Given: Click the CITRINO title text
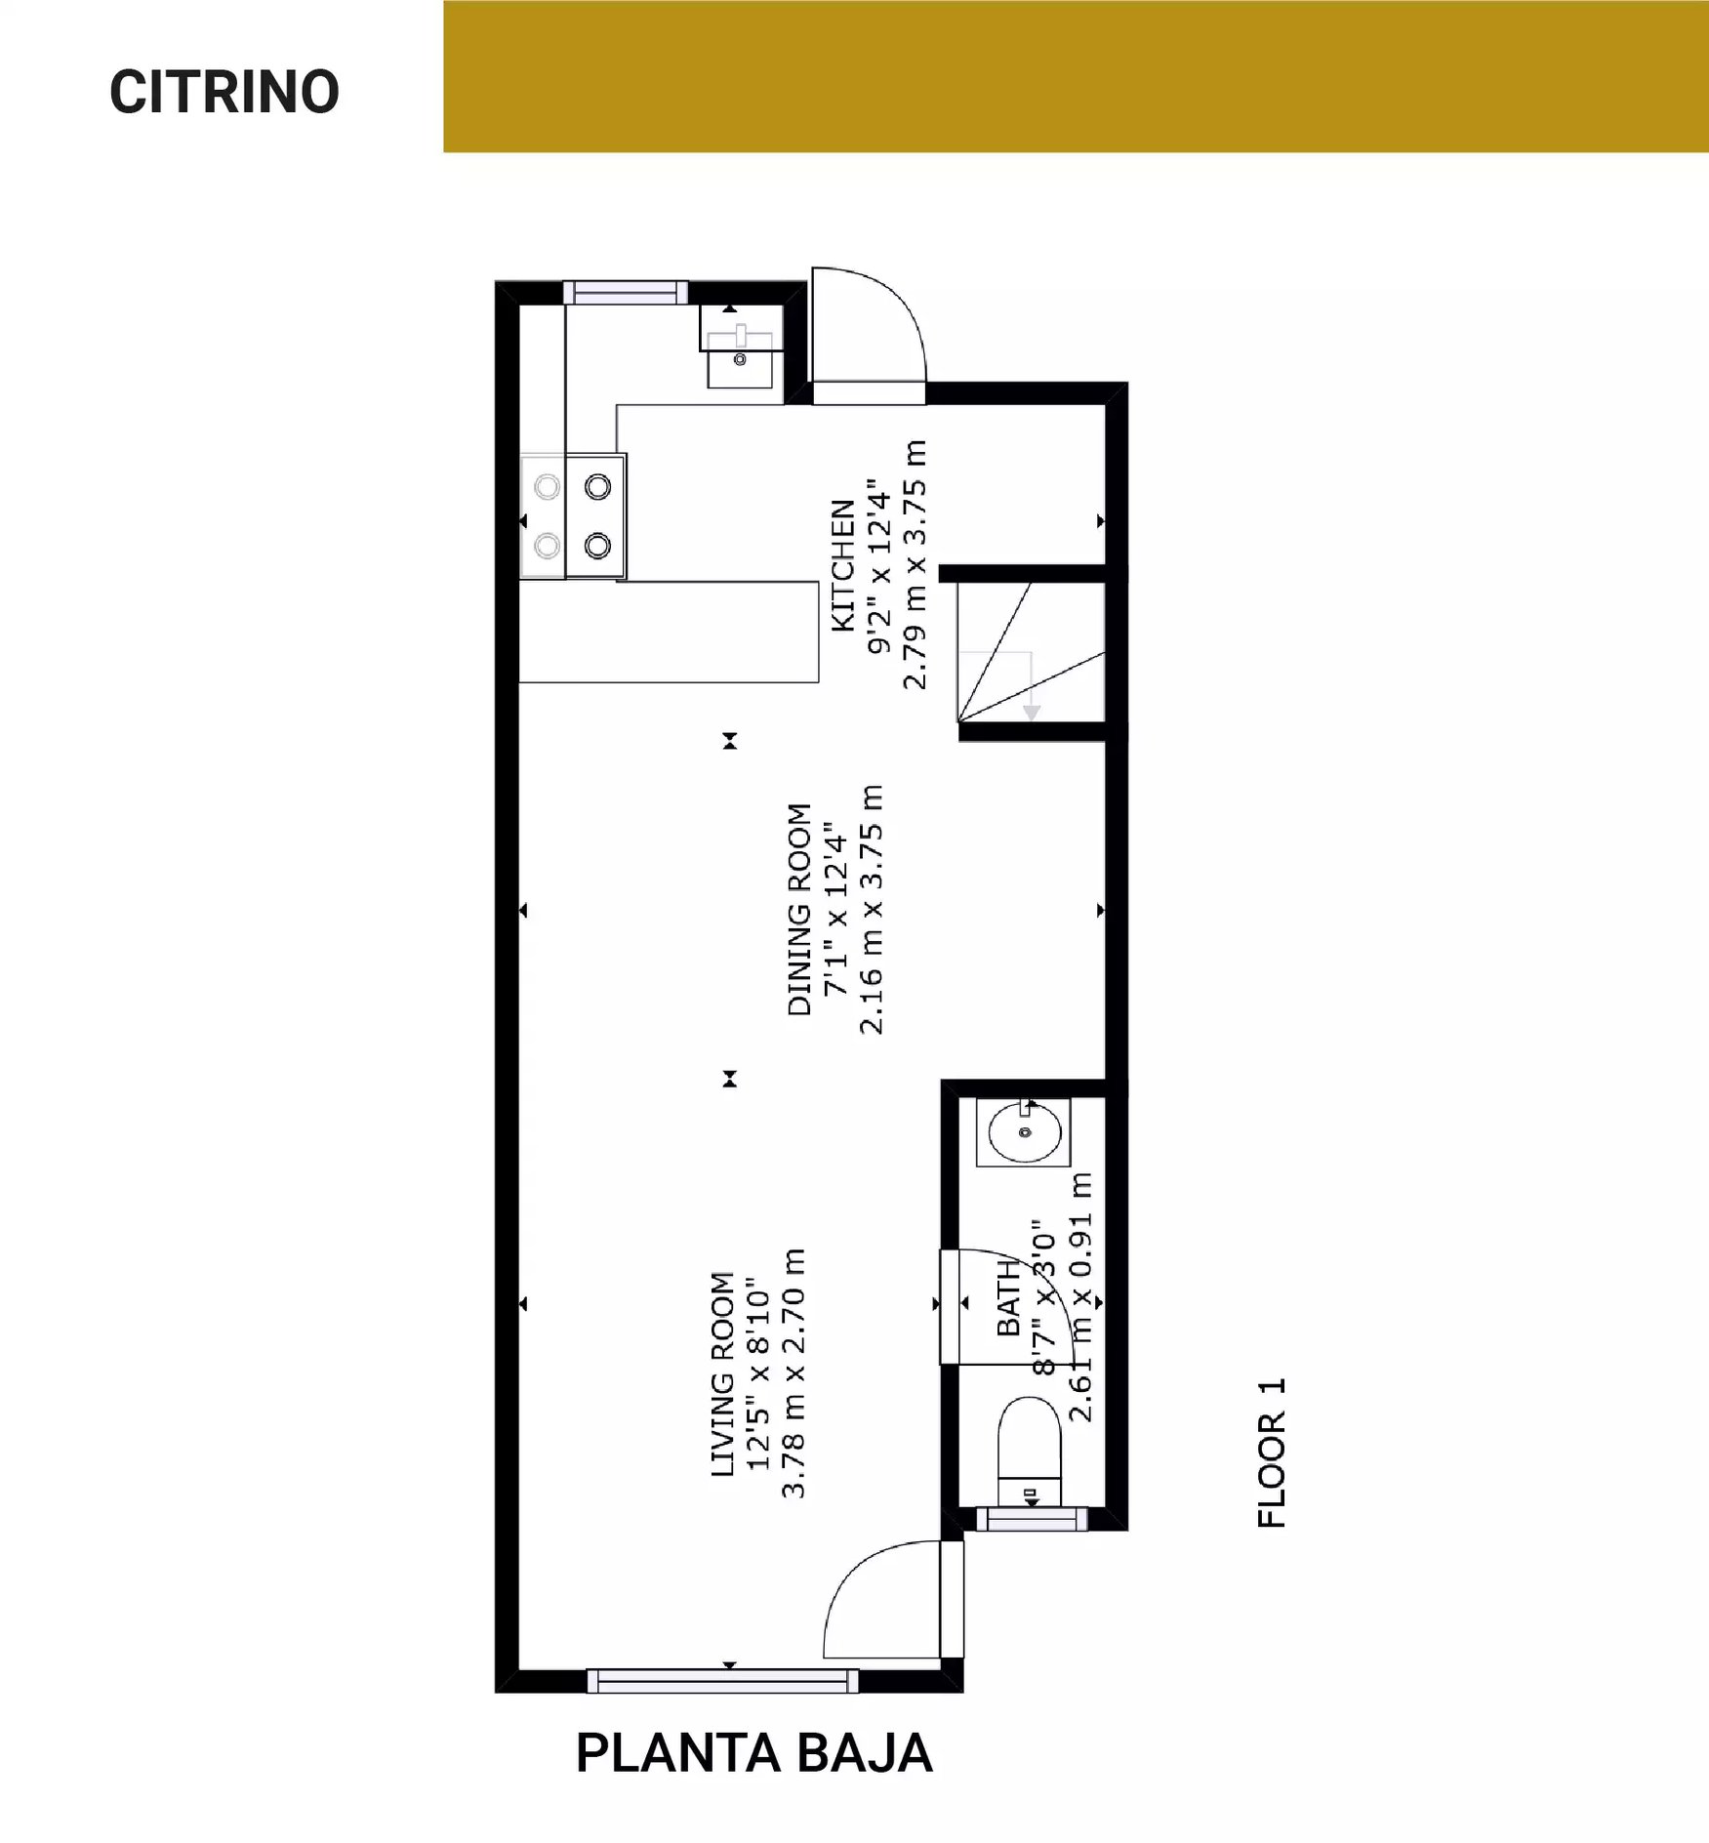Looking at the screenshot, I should [224, 93].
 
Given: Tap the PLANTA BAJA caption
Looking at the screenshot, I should [753, 1753].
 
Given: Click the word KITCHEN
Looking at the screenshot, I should [842, 566].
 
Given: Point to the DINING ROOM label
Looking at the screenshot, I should [799, 910].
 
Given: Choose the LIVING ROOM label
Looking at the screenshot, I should [722, 1374].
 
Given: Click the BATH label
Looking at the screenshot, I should [1008, 1298].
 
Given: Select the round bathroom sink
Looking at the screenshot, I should [1024, 1132].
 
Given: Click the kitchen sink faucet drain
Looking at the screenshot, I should [740, 359].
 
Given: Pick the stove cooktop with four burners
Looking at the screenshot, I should [573, 515].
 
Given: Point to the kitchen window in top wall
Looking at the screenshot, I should [626, 292].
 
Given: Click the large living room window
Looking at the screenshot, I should [722, 1681].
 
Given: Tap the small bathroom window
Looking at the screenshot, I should [1032, 1519].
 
